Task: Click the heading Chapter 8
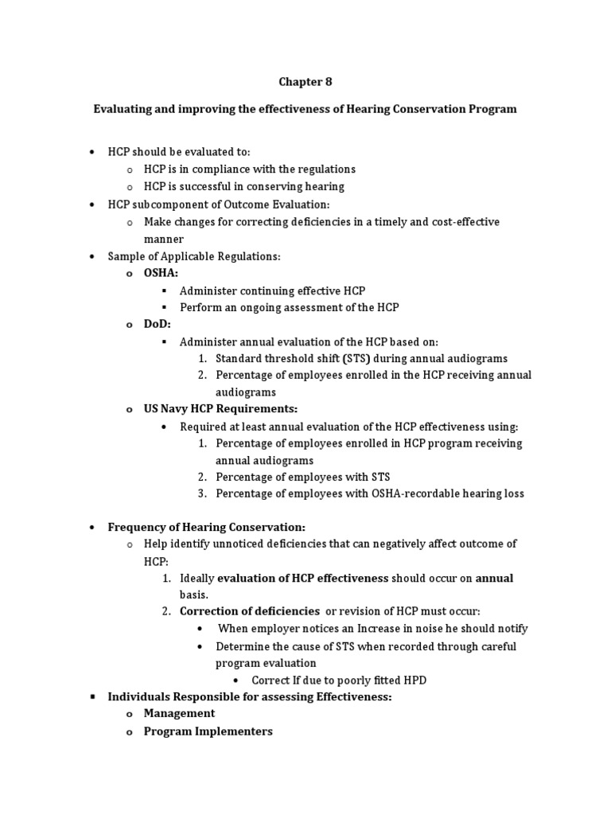point(305,81)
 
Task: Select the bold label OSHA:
point(162,273)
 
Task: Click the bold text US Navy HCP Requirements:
point(220,408)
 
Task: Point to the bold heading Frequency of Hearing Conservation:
point(206,527)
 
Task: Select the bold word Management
point(179,713)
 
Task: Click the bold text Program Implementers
point(208,731)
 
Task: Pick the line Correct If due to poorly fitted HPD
point(344,680)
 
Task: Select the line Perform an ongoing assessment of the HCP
point(289,307)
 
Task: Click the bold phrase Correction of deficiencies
point(249,611)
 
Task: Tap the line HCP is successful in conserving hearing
point(243,186)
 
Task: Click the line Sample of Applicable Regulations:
point(194,256)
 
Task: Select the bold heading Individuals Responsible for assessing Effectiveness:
point(250,696)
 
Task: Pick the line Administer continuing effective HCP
point(272,291)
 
